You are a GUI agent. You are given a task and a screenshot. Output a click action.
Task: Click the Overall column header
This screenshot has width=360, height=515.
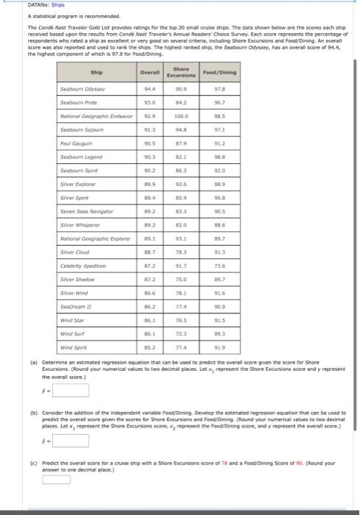[x=150, y=72]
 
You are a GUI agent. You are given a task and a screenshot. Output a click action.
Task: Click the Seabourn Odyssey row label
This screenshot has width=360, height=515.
[x=82, y=89]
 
